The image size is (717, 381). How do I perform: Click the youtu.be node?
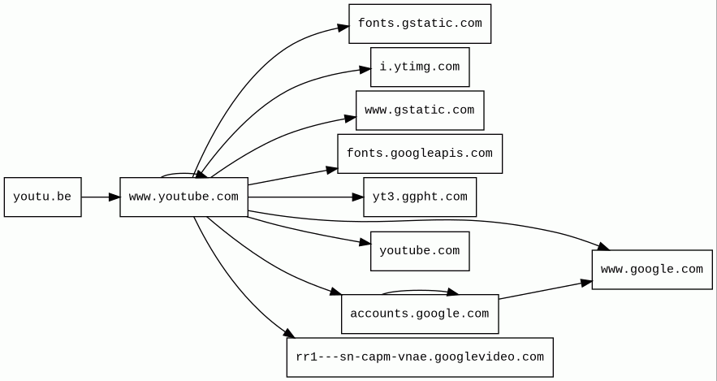click(x=42, y=197)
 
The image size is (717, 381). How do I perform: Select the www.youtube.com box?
click(x=184, y=197)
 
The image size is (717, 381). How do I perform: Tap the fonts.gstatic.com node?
click(x=419, y=24)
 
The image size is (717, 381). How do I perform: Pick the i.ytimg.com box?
click(x=419, y=67)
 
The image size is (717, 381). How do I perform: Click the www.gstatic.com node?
click(x=419, y=110)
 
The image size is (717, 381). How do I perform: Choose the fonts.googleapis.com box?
click(x=419, y=154)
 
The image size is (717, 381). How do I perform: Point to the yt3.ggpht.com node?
click(x=419, y=197)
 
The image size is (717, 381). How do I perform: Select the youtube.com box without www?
click(x=419, y=251)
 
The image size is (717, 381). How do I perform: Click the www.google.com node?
click(x=651, y=270)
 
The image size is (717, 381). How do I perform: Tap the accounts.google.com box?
click(x=419, y=314)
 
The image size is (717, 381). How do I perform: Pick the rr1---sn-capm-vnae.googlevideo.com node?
click(x=419, y=357)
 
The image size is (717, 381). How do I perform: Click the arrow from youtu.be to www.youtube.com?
click(x=100, y=197)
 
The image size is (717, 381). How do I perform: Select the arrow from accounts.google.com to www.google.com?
click(x=544, y=291)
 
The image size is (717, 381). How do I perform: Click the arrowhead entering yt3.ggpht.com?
click(x=357, y=197)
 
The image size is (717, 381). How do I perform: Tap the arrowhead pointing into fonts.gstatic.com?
click(x=343, y=28)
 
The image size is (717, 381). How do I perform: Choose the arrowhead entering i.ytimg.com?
click(x=365, y=71)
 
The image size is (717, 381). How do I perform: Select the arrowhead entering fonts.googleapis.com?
click(x=331, y=170)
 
